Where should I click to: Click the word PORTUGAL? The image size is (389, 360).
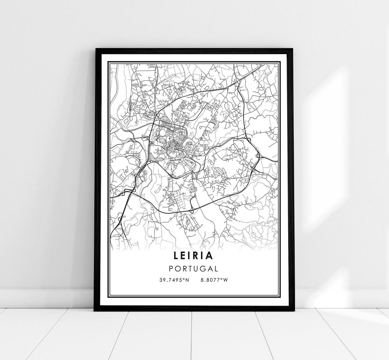194,269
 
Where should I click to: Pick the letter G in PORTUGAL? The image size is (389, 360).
204,269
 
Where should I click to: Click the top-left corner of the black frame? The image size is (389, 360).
95,49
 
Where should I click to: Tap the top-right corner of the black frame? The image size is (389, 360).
293,49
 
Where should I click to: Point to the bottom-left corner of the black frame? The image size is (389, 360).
95,310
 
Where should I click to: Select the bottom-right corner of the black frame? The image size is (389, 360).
294,310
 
